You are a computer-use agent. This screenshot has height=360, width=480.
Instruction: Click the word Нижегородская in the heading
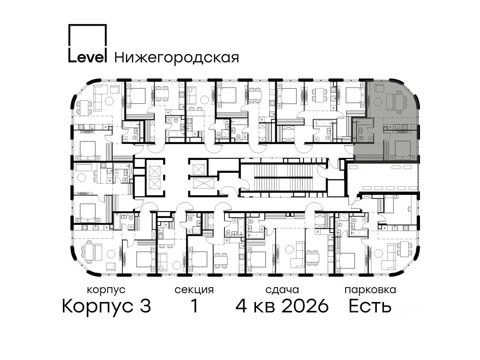click(x=176, y=58)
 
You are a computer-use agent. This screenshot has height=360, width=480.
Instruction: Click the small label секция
click(x=194, y=290)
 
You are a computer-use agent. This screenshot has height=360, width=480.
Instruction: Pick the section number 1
click(x=194, y=306)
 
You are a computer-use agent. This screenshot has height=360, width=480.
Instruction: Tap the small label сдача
click(x=282, y=290)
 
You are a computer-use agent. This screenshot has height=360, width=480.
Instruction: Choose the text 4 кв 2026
click(x=282, y=306)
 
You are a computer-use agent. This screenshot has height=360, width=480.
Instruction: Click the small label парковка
click(x=370, y=290)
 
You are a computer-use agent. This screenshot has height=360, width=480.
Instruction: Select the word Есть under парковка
click(x=370, y=306)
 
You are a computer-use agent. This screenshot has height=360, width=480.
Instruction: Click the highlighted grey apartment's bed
click(x=402, y=150)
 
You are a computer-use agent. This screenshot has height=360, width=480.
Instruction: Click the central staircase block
click(x=284, y=178)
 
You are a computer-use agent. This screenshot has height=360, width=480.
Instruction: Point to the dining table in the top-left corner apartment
click(x=84, y=108)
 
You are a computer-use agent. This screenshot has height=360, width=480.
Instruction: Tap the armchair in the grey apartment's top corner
click(x=379, y=88)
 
